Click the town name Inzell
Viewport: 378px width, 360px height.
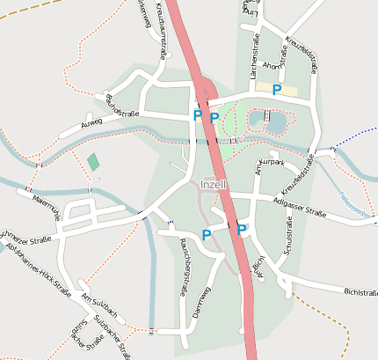(x=214, y=185)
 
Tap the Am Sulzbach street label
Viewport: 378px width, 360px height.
(x=98, y=302)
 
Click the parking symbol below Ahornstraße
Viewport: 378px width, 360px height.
(x=277, y=89)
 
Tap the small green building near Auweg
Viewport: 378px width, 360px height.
(x=93, y=162)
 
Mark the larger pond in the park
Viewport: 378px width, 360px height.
(x=275, y=122)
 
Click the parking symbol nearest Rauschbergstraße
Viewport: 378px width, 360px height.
(x=207, y=234)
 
